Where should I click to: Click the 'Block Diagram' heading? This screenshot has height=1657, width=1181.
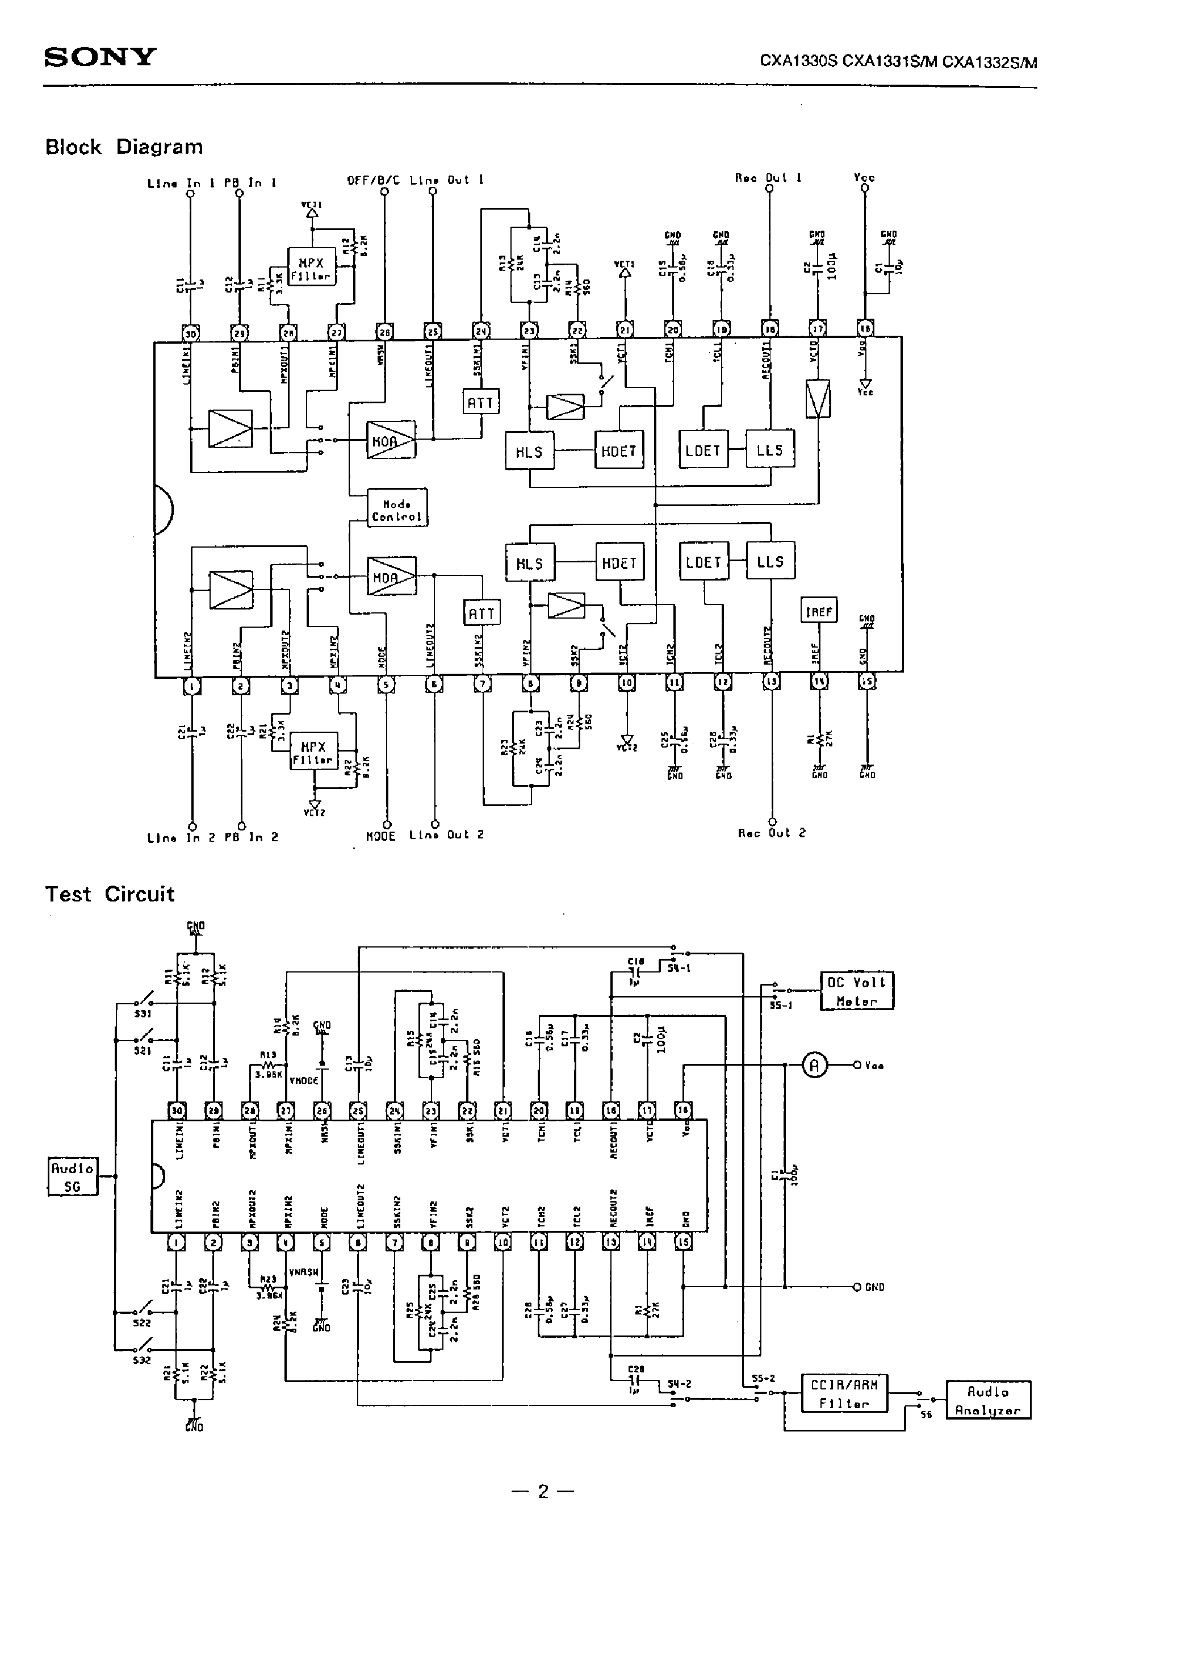point(124,147)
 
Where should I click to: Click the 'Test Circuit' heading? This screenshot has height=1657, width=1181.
point(110,894)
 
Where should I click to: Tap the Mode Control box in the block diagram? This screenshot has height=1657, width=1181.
point(396,511)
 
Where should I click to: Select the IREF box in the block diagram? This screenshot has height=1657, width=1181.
point(818,612)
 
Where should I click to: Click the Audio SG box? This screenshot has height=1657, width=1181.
point(72,1177)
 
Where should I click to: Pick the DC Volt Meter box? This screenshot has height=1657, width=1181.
point(857,991)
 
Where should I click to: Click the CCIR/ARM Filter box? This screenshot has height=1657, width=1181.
point(844,1393)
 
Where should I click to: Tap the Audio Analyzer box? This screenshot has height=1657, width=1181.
point(987,1400)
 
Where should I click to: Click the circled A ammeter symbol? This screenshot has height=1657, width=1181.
point(814,1066)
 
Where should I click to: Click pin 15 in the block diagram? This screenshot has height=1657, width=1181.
point(867,682)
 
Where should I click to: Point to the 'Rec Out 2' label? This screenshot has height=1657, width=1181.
point(772,833)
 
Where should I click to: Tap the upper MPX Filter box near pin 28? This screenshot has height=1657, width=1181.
point(311,269)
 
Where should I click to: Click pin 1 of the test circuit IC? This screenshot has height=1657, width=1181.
point(177,1243)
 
